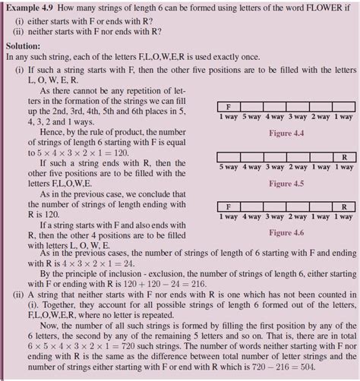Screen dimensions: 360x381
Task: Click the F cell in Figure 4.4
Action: click(229, 106)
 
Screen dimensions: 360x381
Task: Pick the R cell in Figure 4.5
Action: click(344, 157)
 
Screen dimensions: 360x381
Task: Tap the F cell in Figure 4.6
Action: click(229, 206)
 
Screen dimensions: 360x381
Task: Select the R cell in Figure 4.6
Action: click(344, 206)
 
